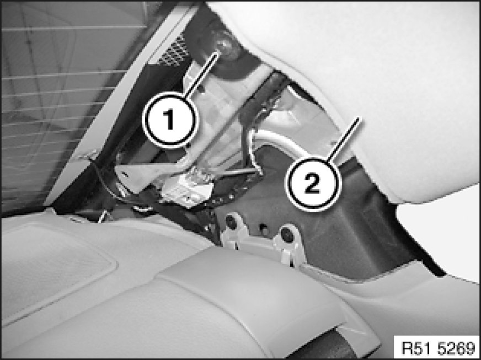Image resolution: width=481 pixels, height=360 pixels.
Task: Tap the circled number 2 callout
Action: (313, 184)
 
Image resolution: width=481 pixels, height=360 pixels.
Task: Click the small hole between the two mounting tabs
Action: (263, 228)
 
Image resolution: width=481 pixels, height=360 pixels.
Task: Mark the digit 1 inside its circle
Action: (169, 120)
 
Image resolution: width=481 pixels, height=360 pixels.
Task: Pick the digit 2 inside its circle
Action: (313, 184)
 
